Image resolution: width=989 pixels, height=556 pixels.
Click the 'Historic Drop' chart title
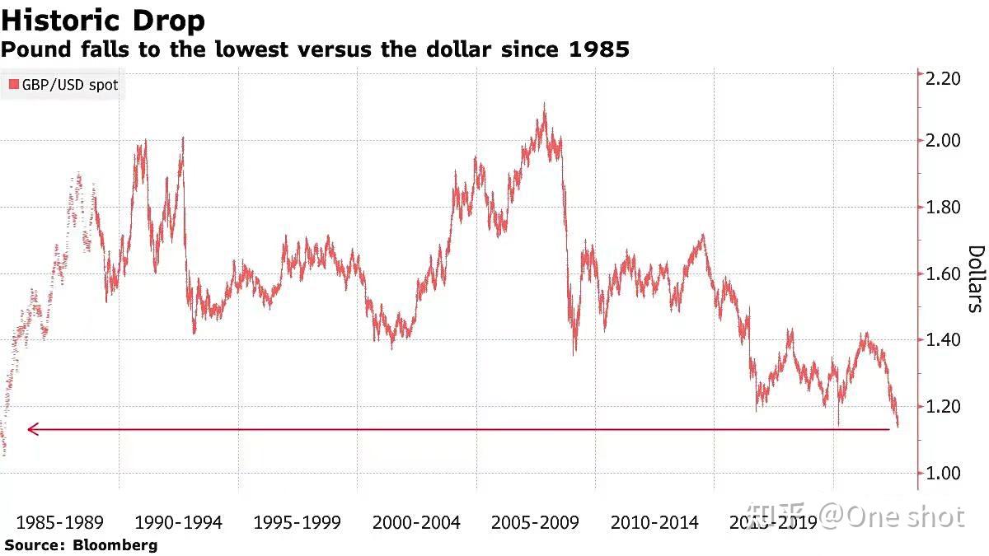(103, 19)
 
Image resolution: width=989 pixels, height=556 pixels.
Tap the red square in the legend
(13, 85)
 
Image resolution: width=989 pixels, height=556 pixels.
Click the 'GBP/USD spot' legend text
(69, 85)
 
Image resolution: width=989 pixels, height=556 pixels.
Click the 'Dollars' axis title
(975, 278)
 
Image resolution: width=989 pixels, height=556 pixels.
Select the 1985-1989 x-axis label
(59, 522)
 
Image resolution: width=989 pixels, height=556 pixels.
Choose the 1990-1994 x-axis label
(178, 522)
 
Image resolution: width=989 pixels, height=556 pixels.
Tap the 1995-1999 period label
(297, 522)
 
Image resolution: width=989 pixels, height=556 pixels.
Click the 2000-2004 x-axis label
(416, 522)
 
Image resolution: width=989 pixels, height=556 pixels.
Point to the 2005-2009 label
(535, 522)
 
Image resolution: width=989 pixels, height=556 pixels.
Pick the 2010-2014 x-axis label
(654, 522)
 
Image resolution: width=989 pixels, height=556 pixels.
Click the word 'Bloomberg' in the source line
(115, 544)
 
